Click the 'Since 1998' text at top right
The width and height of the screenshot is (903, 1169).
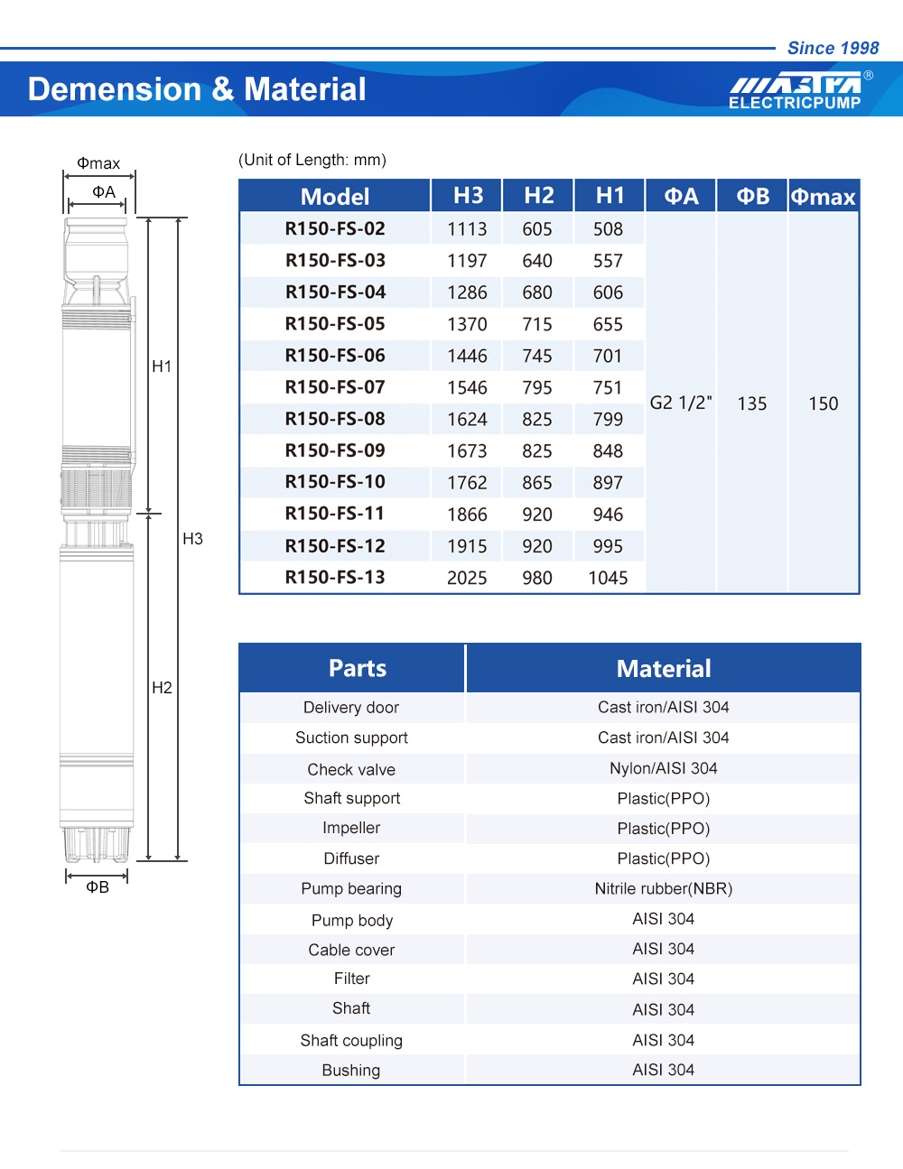click(833, 48)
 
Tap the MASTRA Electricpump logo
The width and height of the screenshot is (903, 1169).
click(796, 91)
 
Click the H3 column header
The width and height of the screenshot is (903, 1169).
click(468, 196)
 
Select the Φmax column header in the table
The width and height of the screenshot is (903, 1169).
click(823, 197)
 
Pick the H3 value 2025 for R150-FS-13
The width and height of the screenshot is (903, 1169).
click(467, 578)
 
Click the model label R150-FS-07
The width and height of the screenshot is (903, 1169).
click(335, 387)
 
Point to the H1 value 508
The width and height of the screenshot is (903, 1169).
click(608, 229)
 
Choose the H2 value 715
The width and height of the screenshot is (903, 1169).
click(537, 324)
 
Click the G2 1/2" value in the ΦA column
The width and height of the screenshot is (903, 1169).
click(681, 403)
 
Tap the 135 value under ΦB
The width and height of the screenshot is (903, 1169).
click(752, 404)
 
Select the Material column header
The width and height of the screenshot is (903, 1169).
click(664, 669)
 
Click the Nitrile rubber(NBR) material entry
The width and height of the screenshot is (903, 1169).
click(664, 888)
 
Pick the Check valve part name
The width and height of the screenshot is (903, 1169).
click(351, 769)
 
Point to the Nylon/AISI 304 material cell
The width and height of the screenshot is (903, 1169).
click(664, 768)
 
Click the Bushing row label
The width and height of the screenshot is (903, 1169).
click(351, 1070)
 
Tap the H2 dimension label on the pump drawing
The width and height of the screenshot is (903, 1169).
click(162, 688)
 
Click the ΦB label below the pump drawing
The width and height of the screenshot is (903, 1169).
click(98, 887)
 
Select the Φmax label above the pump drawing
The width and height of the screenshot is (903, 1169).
click(98, 163)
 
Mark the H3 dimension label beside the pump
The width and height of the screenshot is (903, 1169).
click(192, 539)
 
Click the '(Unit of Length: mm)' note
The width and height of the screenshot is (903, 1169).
click(312, 160)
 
